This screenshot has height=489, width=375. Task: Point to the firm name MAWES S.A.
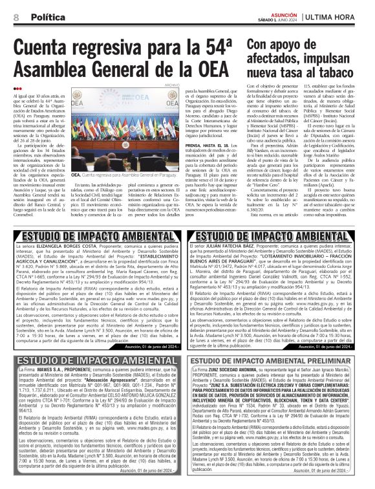tap(49, 371)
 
